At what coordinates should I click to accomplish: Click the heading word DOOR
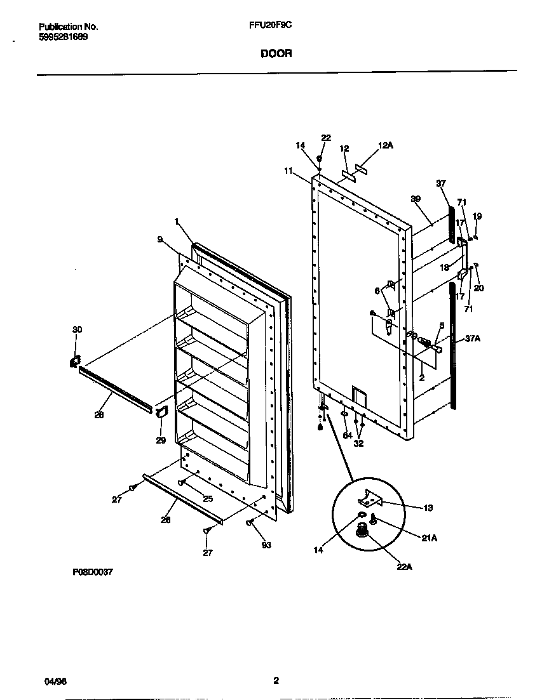click(276, 54)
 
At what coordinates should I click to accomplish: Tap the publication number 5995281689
click(64, 37)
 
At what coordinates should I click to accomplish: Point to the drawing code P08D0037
click(93, 571)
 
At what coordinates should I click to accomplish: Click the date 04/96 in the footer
click(56, 681)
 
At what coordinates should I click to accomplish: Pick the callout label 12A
click(386, 145)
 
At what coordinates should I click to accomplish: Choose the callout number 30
click(77, 329)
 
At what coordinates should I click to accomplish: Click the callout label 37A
click(472, 339)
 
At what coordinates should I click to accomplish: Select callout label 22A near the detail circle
click(405, 566)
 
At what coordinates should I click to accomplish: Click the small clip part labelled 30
click(74, 361)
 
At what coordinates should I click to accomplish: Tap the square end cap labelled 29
click(160, 413)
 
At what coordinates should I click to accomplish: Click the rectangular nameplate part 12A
click(363, 169)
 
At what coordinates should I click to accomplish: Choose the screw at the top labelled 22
click(320, 158)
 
